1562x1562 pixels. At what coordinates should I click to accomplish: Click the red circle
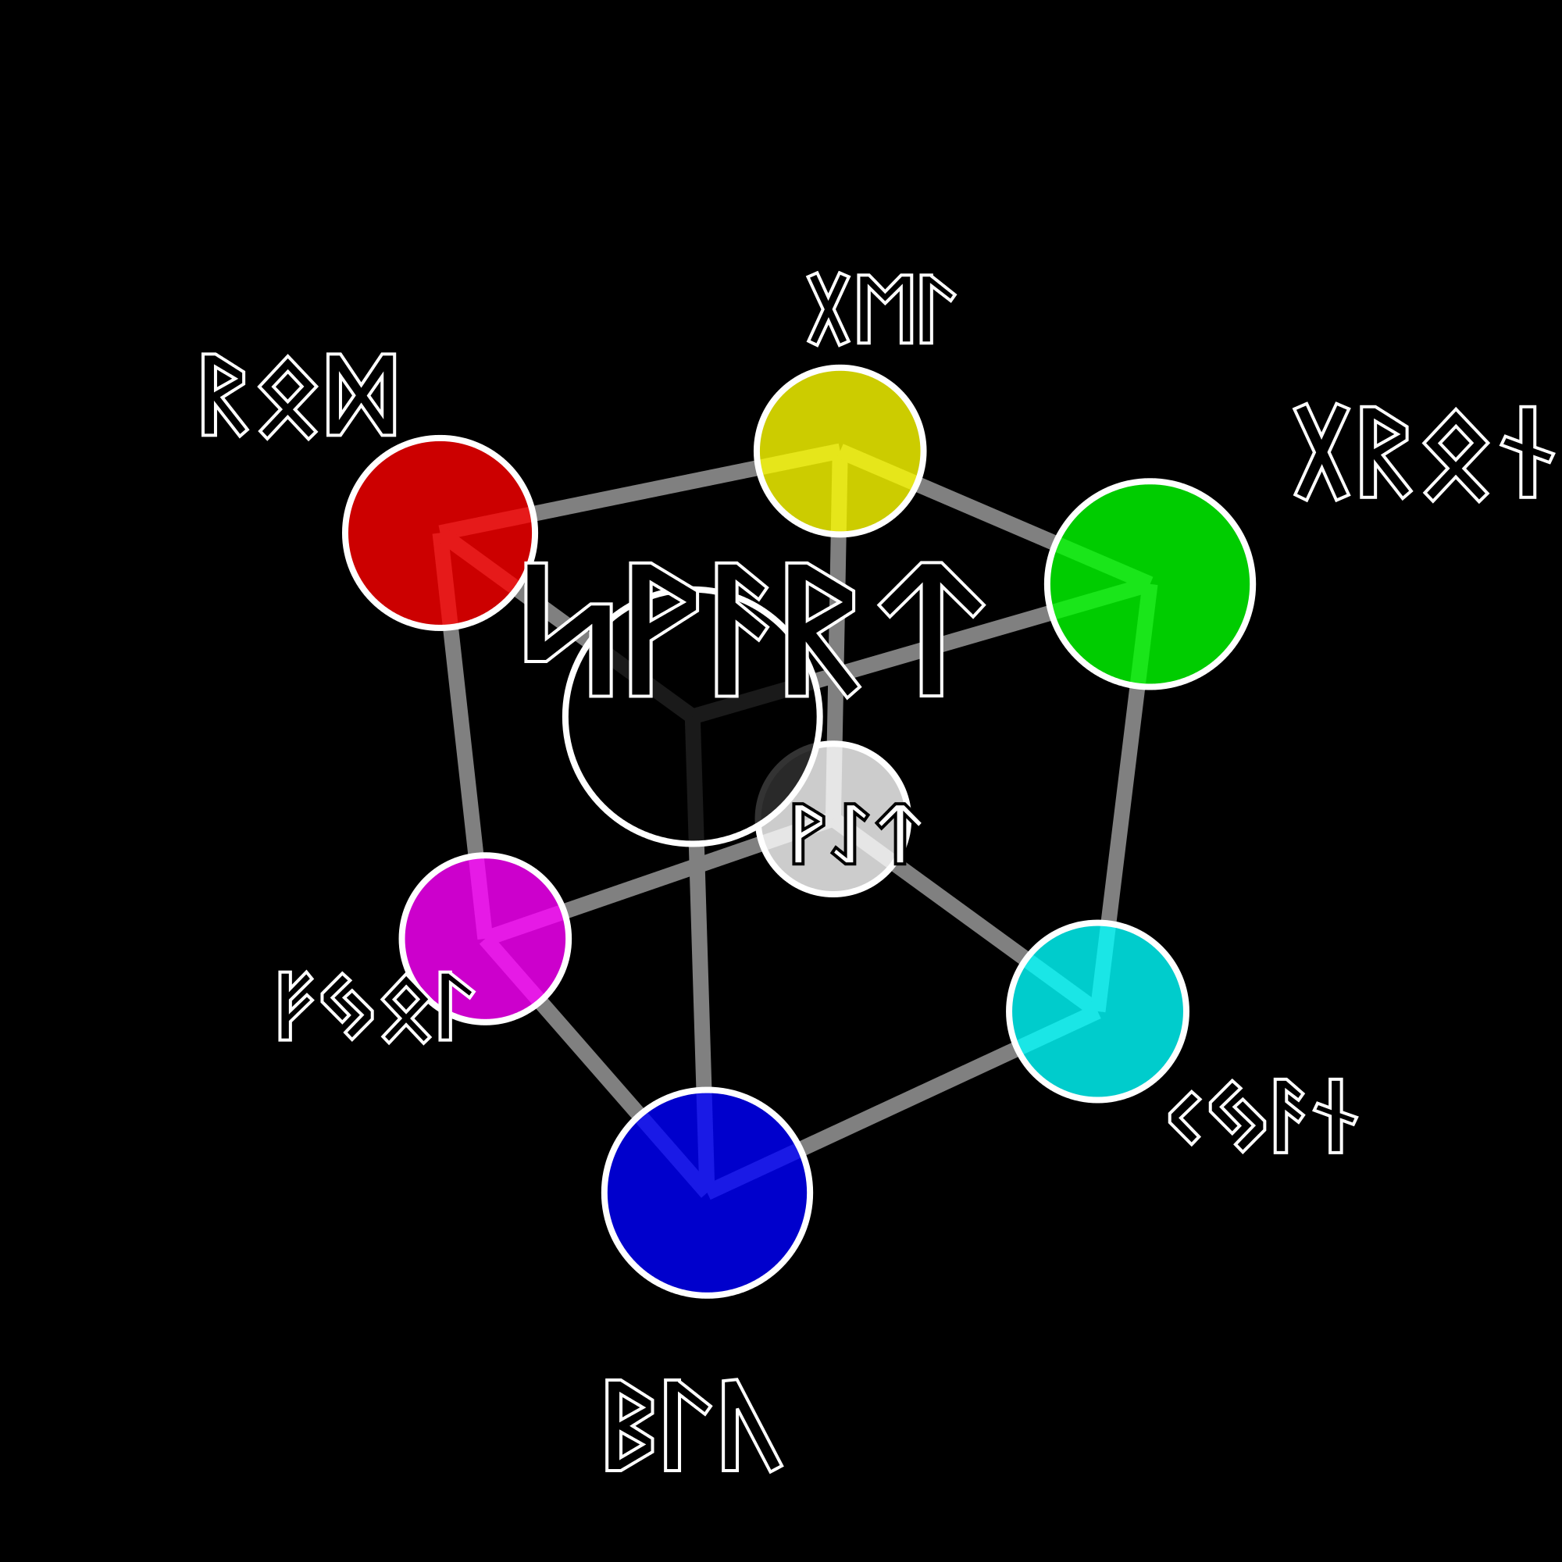tap(439, 532)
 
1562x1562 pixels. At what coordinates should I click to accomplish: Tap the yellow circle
tap(840, 451)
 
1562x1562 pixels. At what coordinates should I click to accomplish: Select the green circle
tap(1149, 583)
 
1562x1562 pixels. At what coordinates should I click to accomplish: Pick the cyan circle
tap(1097, 1011)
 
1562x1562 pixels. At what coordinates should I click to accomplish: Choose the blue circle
tap(707, 1193)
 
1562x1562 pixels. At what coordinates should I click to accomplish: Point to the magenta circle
tap(484, 939)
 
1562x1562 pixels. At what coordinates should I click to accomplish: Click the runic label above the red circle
tap(298, 395)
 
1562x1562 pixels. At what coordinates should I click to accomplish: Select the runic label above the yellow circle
tap(880, 308)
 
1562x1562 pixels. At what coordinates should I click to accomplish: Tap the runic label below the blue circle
tap(693, 1425)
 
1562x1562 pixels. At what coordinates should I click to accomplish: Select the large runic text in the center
tap(754, 629)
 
